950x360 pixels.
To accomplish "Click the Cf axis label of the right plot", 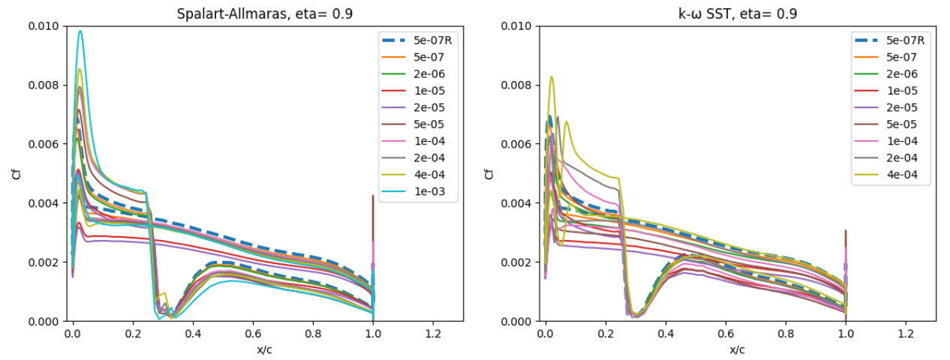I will pyautogui.click(x=490, y=174).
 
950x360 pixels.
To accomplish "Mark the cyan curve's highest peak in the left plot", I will pyautogui.click(x=80, y=31).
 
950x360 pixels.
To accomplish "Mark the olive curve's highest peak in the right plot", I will pyautogui.click(x=552, y=76).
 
